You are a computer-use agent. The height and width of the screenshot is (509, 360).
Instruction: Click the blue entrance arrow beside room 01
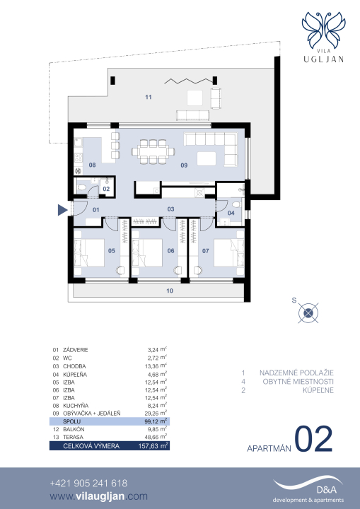(62, 210)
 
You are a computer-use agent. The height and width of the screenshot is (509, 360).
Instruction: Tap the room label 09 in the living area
(184, 165)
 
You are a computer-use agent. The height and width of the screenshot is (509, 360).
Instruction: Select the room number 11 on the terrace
(149, 97)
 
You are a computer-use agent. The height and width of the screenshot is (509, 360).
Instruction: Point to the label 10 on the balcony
(170, 291)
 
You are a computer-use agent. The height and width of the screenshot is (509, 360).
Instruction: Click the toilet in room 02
(81, 187)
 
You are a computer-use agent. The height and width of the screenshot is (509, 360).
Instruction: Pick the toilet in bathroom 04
(236, 204)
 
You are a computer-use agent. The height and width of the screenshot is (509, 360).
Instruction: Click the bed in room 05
(89, 253)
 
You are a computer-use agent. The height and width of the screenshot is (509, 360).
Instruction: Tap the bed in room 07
(229, 253)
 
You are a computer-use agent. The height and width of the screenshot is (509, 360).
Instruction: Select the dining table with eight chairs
(153, 151)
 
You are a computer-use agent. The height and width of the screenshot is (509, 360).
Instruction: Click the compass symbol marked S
(308, 313)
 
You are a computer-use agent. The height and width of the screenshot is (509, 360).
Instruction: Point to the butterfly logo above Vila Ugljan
(324, 30)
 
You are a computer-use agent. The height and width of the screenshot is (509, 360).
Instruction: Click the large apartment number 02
(313, 439)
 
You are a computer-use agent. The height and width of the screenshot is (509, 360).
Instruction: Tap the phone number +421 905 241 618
(88, 484)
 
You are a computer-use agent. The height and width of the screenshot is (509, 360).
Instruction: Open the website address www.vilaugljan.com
(99, 496)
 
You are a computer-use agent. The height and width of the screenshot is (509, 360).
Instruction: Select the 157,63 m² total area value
(153, 445)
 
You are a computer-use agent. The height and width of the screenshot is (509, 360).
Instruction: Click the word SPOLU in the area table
(72, 421)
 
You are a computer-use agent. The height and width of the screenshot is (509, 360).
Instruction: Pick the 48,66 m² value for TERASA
(156, 437)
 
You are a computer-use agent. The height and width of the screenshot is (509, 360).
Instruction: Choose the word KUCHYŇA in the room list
(76, 406)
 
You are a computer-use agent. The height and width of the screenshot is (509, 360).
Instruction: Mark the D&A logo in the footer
(308, 490)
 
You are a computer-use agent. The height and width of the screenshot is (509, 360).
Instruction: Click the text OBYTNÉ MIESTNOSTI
(298, 382)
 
